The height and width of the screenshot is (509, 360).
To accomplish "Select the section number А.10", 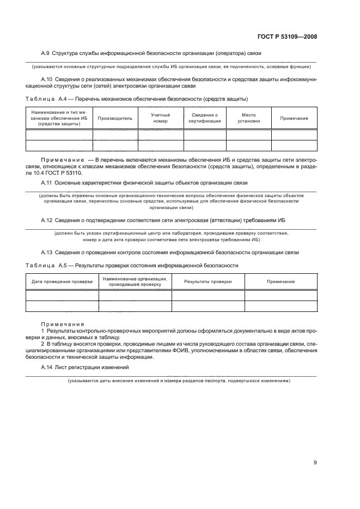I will click(47, 79).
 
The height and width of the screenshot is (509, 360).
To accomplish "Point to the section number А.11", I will click(47, 182).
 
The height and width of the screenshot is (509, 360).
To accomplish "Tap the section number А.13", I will click(47, 253).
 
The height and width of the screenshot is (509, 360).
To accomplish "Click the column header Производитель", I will click(115, 118).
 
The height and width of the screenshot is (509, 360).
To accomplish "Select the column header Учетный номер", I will click(160, 118).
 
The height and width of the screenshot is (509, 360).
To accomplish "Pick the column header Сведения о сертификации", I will click(204, 118).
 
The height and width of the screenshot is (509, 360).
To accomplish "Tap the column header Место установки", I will click(248, 118).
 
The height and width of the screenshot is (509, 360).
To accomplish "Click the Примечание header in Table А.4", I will click(294, 118).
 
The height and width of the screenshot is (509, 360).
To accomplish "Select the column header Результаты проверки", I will click(208, 281).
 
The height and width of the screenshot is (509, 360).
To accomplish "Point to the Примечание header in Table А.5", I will click(280, 281).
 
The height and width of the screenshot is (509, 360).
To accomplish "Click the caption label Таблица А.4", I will click(48, 99).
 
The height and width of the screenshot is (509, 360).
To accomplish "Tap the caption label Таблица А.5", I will click(48, 265).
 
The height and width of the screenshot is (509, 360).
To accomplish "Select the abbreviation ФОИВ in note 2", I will click(165, 350).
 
